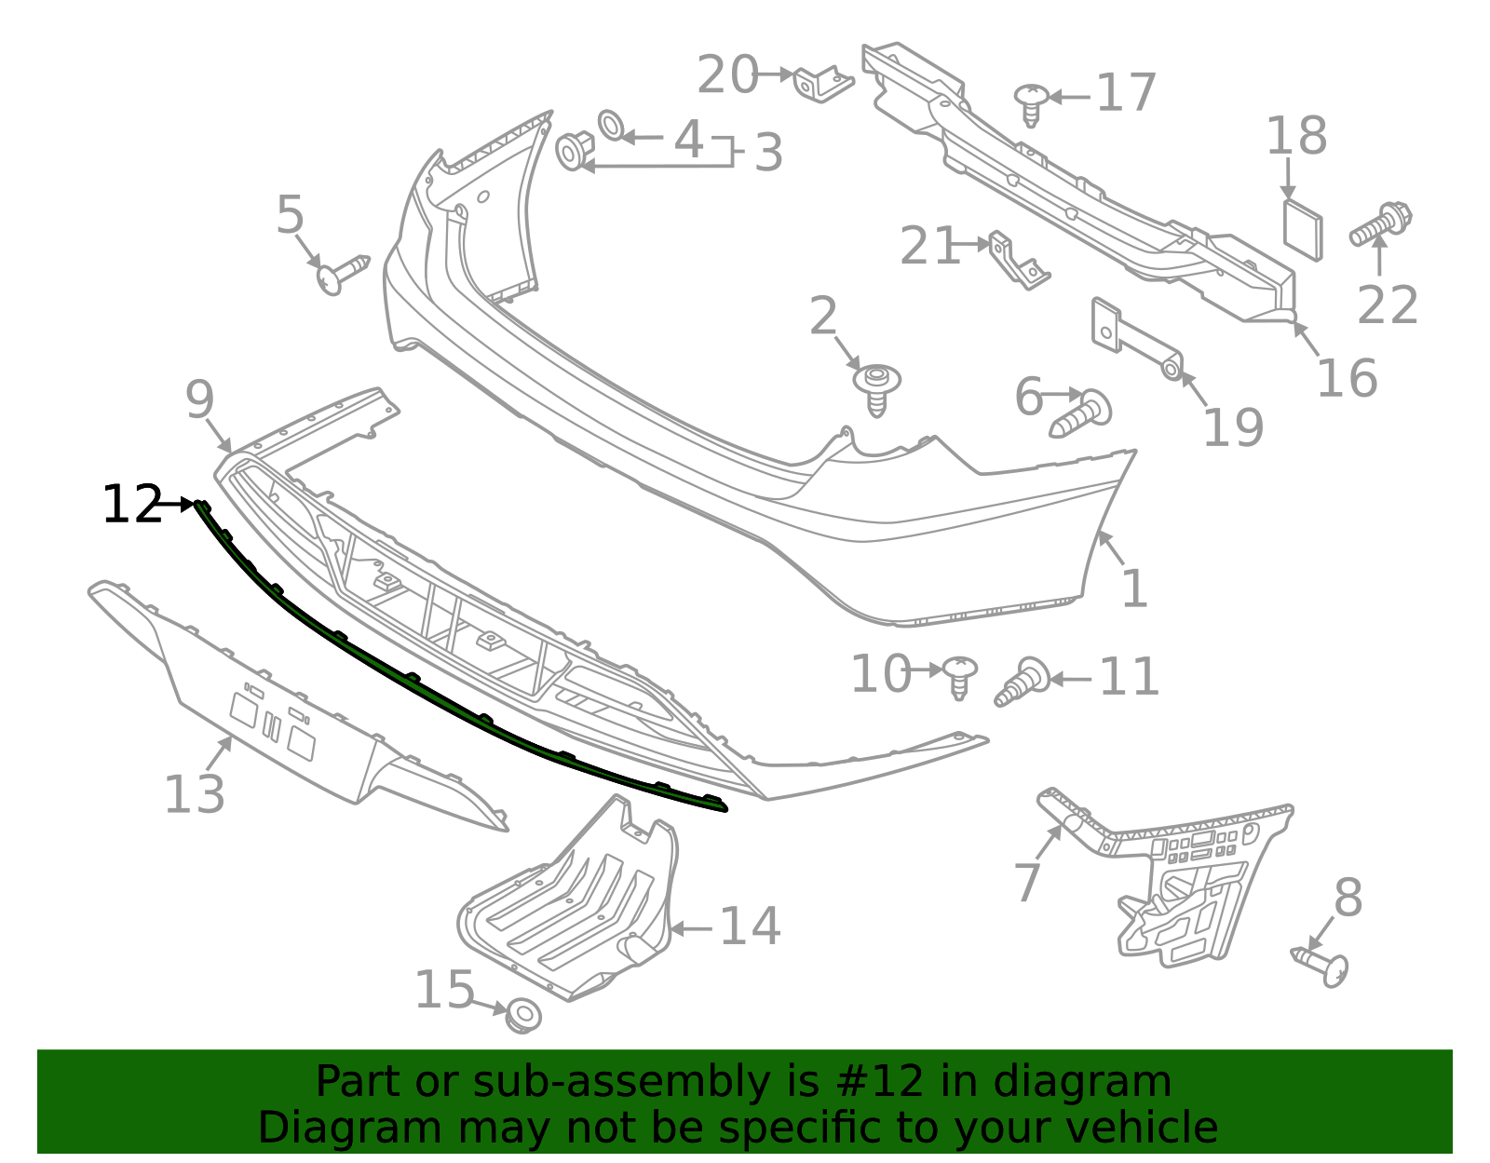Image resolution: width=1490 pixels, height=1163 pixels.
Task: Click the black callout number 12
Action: pyautogui.click(x=131, y=505)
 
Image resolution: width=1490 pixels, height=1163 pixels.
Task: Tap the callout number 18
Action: pyautogui.click(x=1295, y=136)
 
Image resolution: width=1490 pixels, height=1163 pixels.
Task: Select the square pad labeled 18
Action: pyautogui.click(x=1302, y=228)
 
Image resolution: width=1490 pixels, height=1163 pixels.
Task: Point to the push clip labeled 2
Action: pyautogui.click(x=877, y=386)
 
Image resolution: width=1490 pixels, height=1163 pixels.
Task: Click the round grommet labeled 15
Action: pyautogui.click(x=523, y=1015)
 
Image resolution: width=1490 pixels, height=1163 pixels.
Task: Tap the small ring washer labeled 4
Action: pyautogui.click(x=612, y=125)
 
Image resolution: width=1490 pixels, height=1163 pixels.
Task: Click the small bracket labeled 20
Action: pyautogui.click(x=822, y=83)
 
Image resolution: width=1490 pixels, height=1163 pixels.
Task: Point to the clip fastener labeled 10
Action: pyautogui.click(x=959, y=676)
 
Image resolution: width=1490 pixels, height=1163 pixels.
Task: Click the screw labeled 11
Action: pyautogui.click(x=1022, y=682)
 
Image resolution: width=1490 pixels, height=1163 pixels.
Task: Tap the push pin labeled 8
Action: pyautogui.click(x=1322, y=965)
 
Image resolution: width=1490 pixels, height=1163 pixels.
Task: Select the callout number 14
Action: pyautogui.click(x=750, y=926)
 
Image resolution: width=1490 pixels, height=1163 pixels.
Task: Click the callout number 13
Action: pyautogui.click(x=194, y=794)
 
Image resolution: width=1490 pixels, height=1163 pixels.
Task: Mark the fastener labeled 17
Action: pyautogui.click(x=1031, y=102)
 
